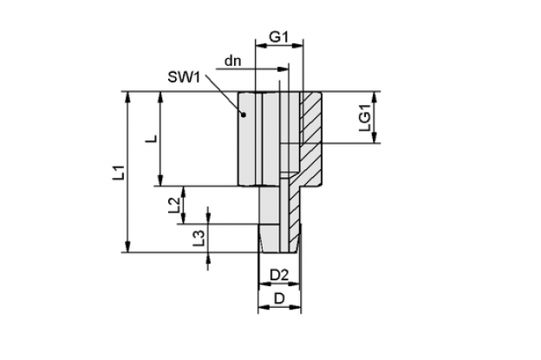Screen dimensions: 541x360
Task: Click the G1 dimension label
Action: [278, 36]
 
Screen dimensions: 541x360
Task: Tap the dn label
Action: [232, 61]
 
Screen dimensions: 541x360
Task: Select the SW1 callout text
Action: [184, 77]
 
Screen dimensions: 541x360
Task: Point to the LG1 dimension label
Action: [365, 118]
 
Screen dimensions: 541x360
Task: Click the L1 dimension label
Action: [120, 173]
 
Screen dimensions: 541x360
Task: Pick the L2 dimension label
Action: [174, 205]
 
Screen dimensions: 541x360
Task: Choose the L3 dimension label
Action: [199, 239]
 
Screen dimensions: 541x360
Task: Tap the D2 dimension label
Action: [279, 275]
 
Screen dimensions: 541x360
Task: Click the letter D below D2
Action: [279, 298]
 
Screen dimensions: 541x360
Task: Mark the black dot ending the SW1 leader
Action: [244, 115]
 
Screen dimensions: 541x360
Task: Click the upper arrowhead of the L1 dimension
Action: [128, 97]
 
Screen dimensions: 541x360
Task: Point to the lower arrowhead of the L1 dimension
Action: [128, 246]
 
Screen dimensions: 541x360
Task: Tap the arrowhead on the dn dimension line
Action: [283, 69]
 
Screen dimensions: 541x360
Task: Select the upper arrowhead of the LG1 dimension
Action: [375, 97]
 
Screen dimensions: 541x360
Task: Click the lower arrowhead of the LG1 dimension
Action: [375, 137]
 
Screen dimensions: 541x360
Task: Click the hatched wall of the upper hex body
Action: [311, 138]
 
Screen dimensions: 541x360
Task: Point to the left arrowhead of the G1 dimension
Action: [261, 45]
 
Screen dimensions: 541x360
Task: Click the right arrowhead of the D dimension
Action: [296, 307]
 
